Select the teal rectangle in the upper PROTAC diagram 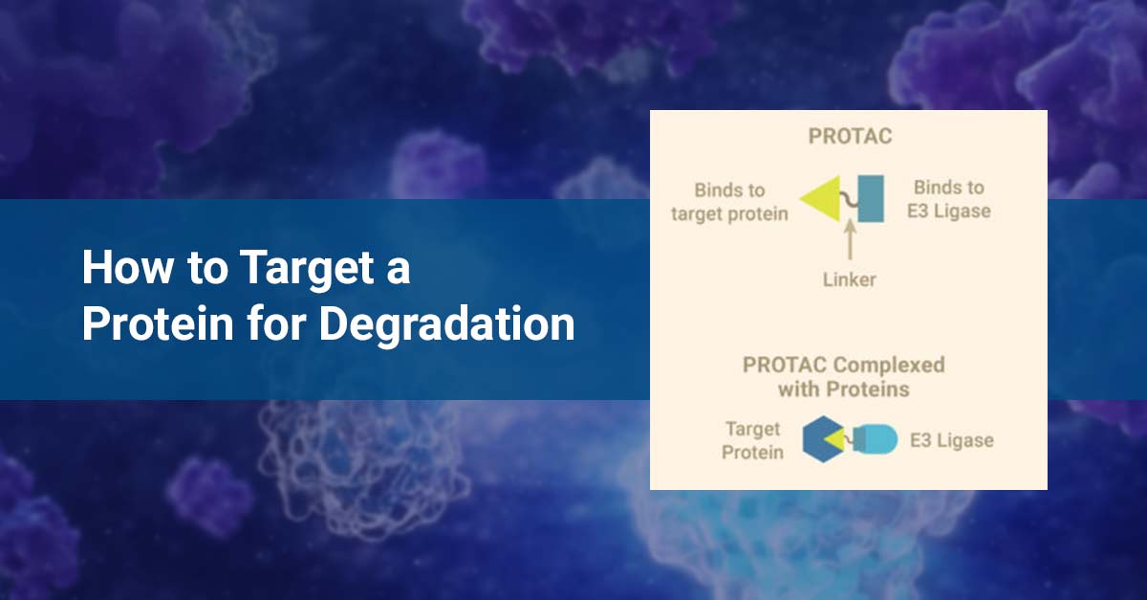(x=870, y=199)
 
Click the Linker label (x=849, y=279)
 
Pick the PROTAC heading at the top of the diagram (x=849, y=137)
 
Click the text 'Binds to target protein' (x=729, y=201)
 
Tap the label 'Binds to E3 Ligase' (x=948, y=198)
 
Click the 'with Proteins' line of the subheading (x=843, y=389)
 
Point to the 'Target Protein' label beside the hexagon (x=752, y=440)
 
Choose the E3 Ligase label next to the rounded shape (x=951, y=440)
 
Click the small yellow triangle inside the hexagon (x=836, y=439)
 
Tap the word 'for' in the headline (x=278, y=325)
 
